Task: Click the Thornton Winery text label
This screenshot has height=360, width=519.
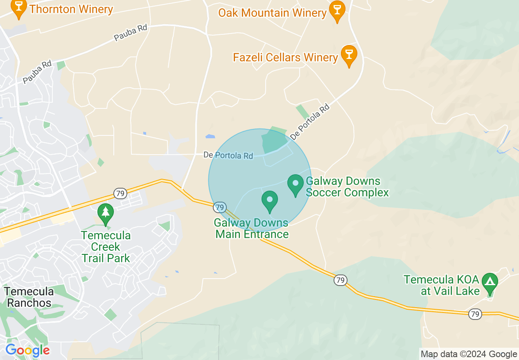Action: (x=71, y=9)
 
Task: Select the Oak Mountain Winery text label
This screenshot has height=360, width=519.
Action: (x=272, y=13)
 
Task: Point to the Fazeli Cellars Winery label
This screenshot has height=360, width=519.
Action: (x=285, y=57)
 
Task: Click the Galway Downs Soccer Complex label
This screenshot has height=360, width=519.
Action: (x=347, y=187)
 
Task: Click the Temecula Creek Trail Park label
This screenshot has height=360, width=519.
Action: (x=106, y=247)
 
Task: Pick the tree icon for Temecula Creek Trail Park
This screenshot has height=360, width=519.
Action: (x=106, y=213)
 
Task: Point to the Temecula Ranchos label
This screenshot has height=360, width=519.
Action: (x=29, y=297)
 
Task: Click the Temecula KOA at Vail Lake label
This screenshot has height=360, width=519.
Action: (x=441, y=285)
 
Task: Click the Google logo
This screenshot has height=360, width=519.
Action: (x=27, y=351)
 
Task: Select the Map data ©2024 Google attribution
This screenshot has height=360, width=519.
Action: (x=469, y=354)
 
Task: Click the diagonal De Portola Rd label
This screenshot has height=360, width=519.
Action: (x=309, y=122)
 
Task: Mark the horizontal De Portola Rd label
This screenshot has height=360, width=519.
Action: (x=228, y=155)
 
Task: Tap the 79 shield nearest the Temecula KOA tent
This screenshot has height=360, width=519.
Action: (x=475, y=314)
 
